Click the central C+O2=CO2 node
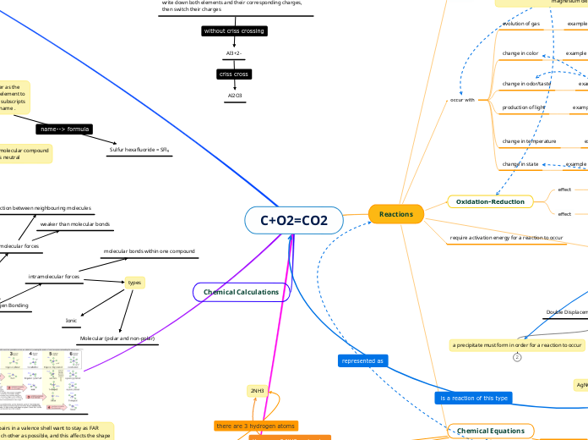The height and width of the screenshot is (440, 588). (x=294, y=220)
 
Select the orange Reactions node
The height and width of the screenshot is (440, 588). (x=396, y=214)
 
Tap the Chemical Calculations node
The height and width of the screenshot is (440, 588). (x=242, y=292)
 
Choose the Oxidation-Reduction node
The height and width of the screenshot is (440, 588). (x=490, y=201)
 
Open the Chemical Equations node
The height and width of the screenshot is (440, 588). (x=490, y=431)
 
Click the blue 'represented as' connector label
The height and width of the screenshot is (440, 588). (x=362, y=360)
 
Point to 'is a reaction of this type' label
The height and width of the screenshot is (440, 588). (x=473, y=397)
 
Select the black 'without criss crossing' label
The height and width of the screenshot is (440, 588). (x=234, y=31)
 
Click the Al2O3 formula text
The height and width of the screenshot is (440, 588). (x=234, y=96)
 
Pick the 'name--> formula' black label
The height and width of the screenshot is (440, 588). (x=64, y=129)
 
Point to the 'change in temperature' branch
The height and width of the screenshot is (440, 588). (x=529, y=140)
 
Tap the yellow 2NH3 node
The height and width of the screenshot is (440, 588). (x=257, y=391)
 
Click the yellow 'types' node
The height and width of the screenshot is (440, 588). (x=135, y=283)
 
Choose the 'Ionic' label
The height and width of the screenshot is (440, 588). (x=71, y=321)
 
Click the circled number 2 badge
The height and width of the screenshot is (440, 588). (x=516, y=357)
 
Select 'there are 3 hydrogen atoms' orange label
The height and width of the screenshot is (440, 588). (x=256, y=426)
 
